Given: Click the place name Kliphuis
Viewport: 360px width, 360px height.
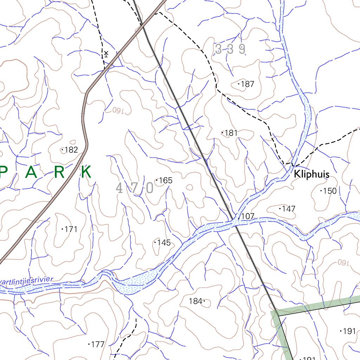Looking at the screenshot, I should [311, 174].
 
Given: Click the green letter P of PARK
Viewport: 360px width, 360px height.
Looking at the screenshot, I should [3, 172].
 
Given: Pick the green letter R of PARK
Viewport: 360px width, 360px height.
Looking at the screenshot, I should [60, 172].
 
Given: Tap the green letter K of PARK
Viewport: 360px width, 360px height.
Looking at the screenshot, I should [86, 172].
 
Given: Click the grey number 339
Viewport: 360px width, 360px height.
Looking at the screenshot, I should [230, 49].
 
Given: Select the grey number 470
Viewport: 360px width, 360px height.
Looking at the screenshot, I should [135, 188].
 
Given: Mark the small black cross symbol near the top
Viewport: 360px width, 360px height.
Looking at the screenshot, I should [106, 53].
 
